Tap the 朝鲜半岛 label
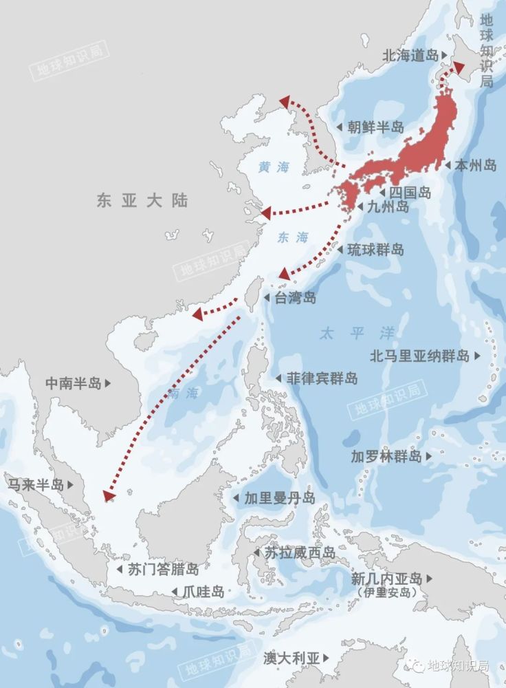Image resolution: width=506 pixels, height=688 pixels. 375,127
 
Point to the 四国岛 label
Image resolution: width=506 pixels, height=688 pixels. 410,193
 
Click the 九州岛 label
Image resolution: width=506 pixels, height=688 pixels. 388,206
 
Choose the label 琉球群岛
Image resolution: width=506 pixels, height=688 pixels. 375,250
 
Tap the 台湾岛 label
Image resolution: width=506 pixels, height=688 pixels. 296,298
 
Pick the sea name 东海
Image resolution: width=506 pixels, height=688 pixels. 294,237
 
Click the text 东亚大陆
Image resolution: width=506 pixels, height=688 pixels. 142,200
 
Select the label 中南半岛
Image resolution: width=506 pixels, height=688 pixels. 74,383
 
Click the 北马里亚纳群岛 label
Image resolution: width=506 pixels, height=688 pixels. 420,356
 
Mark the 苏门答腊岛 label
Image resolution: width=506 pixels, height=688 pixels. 163,570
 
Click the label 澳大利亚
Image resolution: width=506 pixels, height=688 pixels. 291,658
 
